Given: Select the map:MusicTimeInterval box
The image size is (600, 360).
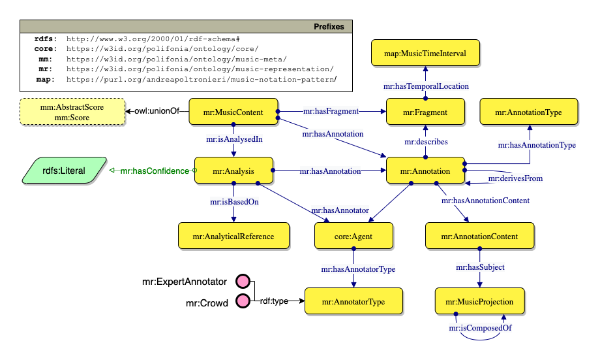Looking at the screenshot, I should (425, 54).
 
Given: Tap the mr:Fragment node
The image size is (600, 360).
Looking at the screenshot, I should (425, 112).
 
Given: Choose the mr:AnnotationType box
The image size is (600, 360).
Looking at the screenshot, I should (529, 112).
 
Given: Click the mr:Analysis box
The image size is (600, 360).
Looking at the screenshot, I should (233, 171).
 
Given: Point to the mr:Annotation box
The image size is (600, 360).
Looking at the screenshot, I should (425, 171).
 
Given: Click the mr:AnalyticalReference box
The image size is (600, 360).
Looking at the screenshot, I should (233, 236).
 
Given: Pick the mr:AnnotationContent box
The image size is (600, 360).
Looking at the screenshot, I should (480, 236).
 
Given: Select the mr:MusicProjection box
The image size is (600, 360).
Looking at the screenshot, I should (480, 302).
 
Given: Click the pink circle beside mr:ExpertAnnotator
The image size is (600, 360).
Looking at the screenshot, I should (243, 282).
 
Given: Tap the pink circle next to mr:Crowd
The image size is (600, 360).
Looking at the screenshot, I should (243, 301).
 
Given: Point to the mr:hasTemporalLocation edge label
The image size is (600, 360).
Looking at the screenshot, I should (425, 86).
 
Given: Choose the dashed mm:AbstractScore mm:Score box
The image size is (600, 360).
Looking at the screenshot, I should (72, 112).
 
